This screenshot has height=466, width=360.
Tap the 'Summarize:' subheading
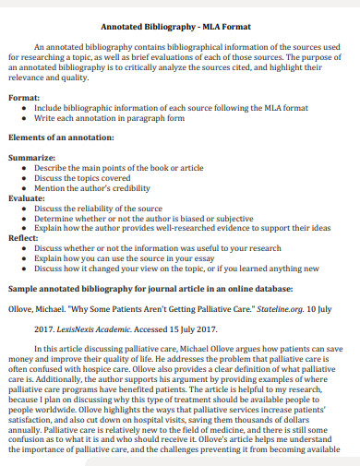click(x=32, y=158)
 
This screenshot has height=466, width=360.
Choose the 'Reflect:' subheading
click(x=26, y=238)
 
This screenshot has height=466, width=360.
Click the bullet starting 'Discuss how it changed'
click(x=176, y=269)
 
